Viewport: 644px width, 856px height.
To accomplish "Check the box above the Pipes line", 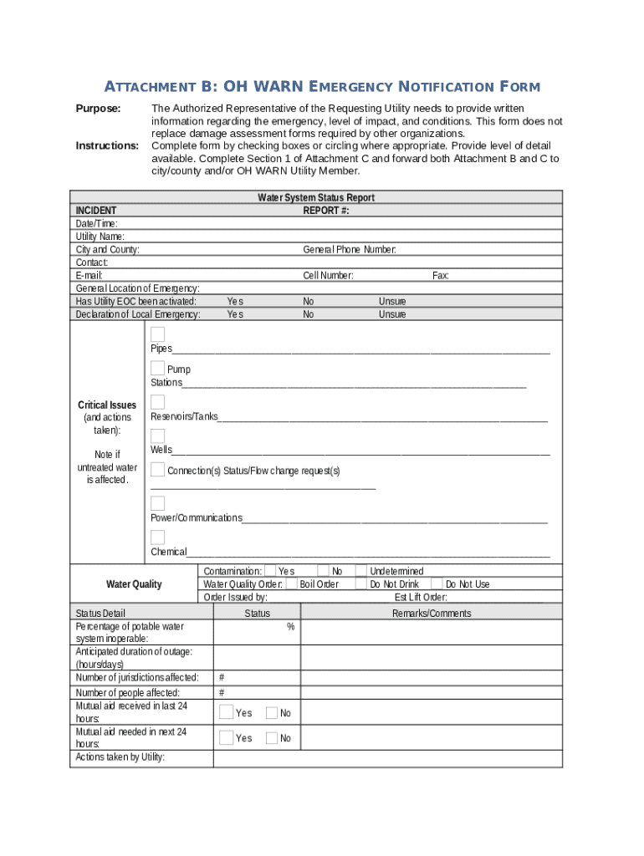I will [157, 334].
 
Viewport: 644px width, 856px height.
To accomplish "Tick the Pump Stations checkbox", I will [157, 369].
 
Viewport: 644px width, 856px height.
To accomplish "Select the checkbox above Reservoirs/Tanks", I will [157, 402].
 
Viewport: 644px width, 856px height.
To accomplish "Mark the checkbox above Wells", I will [157, 436].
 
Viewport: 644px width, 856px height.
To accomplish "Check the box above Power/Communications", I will [157, 503].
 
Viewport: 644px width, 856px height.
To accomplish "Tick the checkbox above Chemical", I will [157, 538].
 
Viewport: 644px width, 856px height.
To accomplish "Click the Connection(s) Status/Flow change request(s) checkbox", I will [157, 470].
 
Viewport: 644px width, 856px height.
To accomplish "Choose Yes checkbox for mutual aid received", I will [226, 712].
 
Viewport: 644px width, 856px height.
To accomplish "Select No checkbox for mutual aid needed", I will [272, 738].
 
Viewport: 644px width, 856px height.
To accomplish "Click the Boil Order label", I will [319, 584].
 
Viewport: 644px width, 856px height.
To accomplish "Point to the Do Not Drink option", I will [394, 584].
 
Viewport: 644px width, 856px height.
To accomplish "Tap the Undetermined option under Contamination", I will [396, 572].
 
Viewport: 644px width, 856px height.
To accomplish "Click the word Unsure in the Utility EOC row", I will [391, 302].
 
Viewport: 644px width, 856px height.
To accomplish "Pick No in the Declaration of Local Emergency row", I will [309, 314].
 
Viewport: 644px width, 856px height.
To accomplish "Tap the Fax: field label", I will [441, 275].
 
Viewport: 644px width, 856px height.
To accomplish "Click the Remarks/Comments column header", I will [432, 614].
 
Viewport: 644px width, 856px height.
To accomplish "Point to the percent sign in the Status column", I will [290, 626].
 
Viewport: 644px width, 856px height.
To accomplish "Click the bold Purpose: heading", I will [99, 109].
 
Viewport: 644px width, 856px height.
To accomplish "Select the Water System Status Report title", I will [315, 198].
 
